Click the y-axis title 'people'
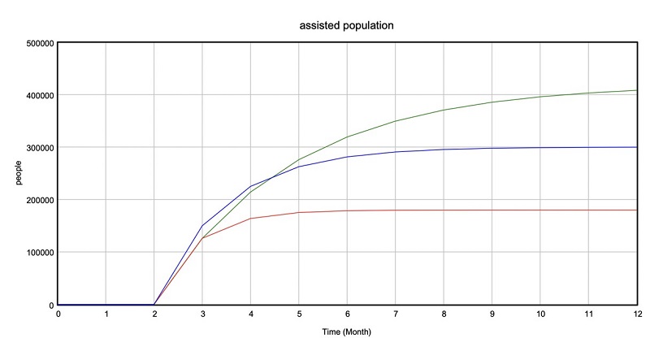tap(19, 172)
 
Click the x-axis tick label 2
tap(154, 314)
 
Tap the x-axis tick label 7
tap(396, 314)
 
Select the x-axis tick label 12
tap(636, 314)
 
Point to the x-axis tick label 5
tap(299, 314)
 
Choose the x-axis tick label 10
tap(540, 314)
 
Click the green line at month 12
tap(636, 90)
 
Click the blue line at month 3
tap(202, 225)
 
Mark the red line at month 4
tap(251, 219)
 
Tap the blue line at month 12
tap(636, 147)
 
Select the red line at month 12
tap(636, 210)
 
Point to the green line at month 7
tap(396, 121)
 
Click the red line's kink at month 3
tap(202, 238)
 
